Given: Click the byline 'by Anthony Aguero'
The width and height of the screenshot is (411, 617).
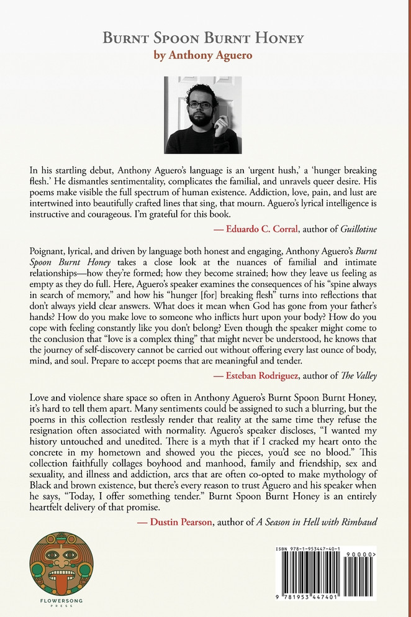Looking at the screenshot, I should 203,55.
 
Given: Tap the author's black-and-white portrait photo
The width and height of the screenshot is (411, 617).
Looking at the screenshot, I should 202,114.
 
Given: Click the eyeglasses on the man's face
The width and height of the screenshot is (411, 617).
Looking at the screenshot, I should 200,105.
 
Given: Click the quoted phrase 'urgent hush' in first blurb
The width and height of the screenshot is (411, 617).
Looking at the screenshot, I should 286,170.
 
